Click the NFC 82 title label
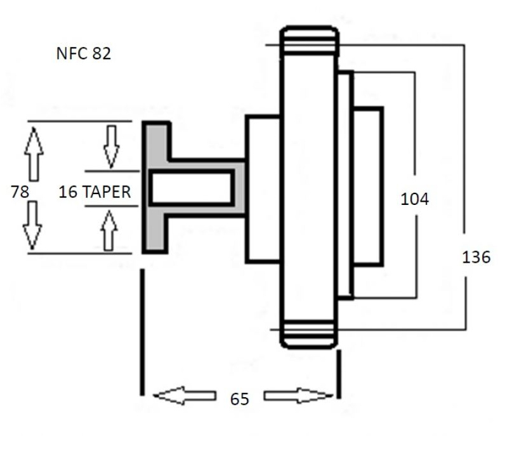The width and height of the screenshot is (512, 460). tap(84, 53)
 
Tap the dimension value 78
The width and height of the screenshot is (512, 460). tap(20, 192)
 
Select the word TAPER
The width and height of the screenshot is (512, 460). tap(107, 192)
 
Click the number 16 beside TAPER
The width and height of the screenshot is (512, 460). tap(68, 192)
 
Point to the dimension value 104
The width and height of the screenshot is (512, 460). tap(414, 199)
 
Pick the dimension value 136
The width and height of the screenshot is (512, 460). tap(476, 257)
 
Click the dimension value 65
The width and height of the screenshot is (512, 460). tap(239, 399)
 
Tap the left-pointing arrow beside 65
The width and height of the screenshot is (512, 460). tap(185, 396)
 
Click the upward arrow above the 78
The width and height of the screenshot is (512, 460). tap(34, 154)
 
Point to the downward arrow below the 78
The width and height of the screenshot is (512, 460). tap(32, 225)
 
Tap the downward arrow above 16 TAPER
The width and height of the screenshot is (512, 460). tap(112, 147)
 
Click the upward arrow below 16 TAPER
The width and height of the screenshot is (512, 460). tap(108, 230)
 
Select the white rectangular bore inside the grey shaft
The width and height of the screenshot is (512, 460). tap(192, 188)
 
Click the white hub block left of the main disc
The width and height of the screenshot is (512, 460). tap(263, 188)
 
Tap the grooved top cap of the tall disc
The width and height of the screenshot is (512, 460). tap(309, 40)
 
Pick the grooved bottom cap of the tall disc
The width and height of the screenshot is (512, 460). tap(309, 334)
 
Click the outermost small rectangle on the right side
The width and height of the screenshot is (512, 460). tap(368, 186)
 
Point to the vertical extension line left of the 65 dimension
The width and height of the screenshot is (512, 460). tap(142, 332)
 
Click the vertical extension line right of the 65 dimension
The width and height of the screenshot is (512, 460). tap(339, 374)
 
